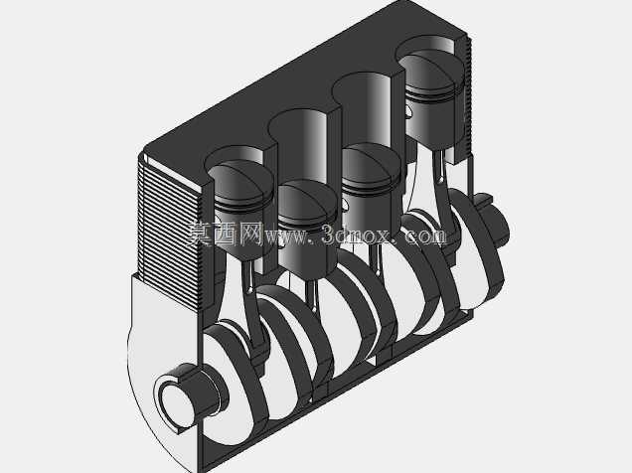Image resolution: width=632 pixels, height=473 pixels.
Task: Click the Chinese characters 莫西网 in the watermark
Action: (225, 234)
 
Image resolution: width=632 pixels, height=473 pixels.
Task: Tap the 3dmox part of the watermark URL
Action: (356, 235)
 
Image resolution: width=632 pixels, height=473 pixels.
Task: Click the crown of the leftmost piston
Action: (240, 180)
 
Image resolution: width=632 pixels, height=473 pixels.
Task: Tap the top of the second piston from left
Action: (306, 201)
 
